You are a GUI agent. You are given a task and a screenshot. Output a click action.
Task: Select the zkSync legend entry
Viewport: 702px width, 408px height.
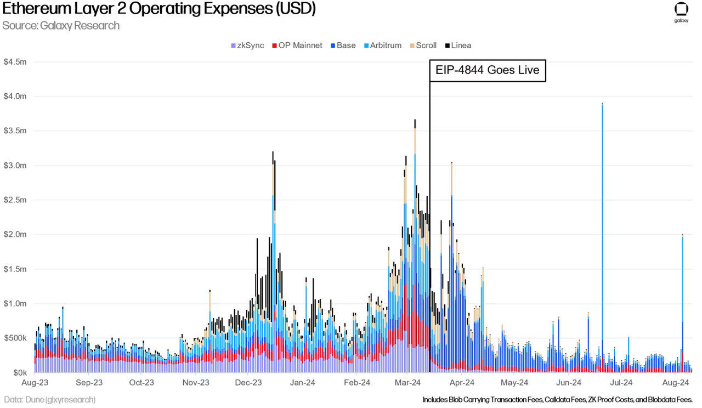[247, 46]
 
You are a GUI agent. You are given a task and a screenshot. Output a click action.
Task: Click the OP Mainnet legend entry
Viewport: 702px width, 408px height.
[297, 46]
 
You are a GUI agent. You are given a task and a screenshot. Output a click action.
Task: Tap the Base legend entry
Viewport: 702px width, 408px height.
[343, 46]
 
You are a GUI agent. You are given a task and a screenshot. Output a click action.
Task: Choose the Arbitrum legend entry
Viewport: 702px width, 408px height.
[383, 46]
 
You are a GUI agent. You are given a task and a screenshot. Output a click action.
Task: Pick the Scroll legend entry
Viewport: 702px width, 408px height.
[423, 46]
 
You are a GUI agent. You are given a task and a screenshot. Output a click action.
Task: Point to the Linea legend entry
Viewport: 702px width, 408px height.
[458, 46]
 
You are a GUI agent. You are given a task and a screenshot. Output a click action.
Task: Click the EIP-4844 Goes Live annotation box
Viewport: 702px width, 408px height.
[488, 71]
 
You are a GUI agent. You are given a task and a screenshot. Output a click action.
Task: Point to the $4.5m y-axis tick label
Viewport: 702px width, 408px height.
[15, 62]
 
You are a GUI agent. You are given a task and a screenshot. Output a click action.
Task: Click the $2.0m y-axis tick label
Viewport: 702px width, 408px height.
[15, 234]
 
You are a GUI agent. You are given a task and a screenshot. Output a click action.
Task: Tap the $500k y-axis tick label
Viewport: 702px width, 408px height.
[15, 338]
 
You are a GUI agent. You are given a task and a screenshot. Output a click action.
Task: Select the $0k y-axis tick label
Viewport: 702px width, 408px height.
[20, 373]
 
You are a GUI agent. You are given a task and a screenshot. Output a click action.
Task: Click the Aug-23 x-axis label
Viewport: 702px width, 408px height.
[35, 383]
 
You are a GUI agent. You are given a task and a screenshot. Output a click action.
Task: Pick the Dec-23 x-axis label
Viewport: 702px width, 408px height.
[248, 383]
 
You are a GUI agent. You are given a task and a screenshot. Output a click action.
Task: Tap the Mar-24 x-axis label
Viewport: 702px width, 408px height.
[407, 383]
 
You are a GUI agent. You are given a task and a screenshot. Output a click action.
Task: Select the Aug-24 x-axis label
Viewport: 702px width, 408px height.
[675, 383]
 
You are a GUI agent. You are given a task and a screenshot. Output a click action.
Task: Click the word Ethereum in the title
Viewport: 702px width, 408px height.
[36, 8]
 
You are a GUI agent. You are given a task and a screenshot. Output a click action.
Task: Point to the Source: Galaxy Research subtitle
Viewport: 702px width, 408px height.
[61, 26]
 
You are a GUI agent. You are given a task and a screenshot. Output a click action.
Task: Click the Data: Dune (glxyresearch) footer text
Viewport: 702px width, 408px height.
[49, 400]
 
